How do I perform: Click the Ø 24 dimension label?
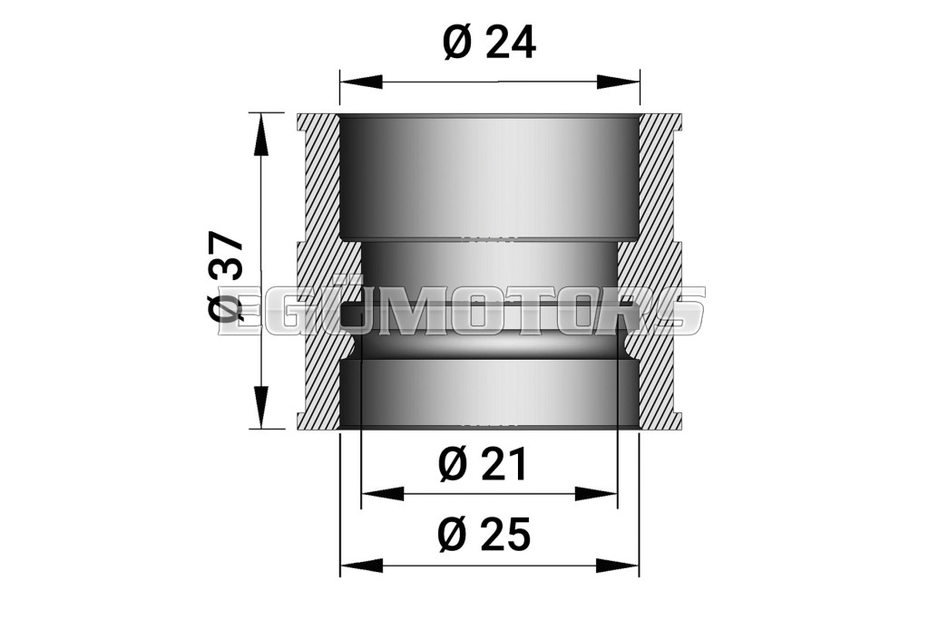point(489,43)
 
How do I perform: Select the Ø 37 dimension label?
point(225,276)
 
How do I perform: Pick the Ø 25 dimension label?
point(484,535)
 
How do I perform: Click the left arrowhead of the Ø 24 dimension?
point(361,82)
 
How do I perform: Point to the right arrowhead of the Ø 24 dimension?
point(619,82)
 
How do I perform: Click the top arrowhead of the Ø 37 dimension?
point(260,134)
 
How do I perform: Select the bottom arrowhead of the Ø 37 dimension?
point(260,406)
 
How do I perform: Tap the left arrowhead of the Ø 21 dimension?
point(383,492)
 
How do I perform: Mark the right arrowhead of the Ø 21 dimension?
point(596,492)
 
